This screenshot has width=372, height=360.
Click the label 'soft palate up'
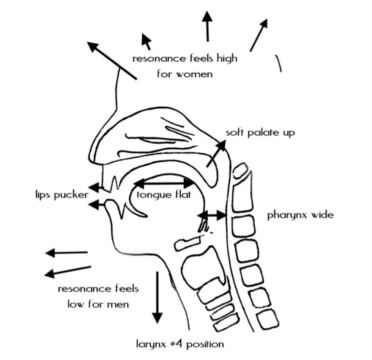[260, 133]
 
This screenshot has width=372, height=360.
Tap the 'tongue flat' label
[164, 195]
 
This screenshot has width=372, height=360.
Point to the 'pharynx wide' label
[300, 215]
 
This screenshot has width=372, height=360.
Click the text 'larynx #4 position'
[180, 344]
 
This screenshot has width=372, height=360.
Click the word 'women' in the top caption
[194, 74]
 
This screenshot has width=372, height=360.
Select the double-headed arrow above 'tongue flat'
[164, 184]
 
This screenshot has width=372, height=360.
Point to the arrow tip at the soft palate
[221, 143]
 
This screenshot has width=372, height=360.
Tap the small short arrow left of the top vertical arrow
[146, 41]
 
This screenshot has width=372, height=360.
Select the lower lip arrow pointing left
[96, 205]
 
